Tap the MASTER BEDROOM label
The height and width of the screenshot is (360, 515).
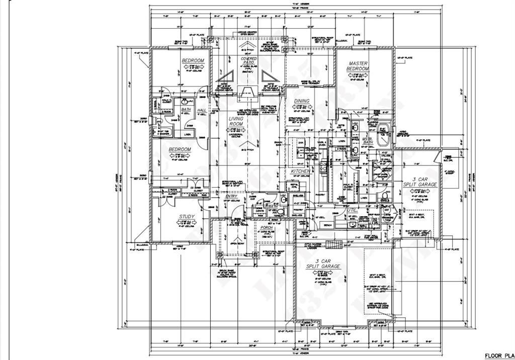pos(358,66)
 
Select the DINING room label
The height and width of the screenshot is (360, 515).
pos(302,101)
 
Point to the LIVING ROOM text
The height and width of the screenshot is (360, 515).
pos(236,121)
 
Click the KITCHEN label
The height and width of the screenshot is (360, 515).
pos(301,171)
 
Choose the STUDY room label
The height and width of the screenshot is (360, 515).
pos(187,217)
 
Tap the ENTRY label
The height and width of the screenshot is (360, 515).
pos(232,196)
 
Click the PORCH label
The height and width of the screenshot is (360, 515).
pos(266,228)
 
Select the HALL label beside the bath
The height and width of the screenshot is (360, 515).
pos(202,110)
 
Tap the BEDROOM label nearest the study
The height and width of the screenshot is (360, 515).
pos(180,149)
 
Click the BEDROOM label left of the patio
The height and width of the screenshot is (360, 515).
pos(193,61)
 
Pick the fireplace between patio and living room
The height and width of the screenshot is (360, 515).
pos(247,92)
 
